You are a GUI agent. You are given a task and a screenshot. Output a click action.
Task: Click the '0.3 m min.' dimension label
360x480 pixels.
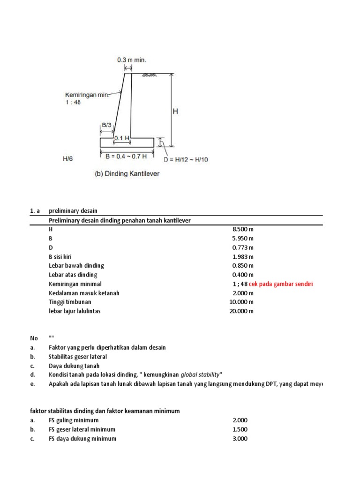132,60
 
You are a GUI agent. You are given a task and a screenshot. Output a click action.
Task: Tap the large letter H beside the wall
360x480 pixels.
175,112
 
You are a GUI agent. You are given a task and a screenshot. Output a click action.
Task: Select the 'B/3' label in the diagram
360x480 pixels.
106,125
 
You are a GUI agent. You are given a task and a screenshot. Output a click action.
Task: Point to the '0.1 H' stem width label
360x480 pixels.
121,137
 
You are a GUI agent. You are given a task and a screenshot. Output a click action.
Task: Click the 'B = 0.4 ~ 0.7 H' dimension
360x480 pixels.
127,156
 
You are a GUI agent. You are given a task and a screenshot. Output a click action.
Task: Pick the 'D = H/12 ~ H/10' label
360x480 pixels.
188,159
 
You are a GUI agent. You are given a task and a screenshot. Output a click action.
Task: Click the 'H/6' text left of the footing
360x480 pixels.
68,159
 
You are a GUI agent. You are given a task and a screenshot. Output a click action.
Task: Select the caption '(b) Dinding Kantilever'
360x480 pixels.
127,173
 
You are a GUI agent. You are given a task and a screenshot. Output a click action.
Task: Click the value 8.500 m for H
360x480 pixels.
243,229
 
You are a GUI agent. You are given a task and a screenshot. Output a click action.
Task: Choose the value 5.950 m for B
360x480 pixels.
243,238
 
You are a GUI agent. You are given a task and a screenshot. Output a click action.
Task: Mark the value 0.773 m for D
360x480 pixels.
243,247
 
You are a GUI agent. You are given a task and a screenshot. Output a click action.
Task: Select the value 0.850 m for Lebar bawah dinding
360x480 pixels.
243,266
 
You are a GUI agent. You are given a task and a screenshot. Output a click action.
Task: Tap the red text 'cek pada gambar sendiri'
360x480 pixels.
281,284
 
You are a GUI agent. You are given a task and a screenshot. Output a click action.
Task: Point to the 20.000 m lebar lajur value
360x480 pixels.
241,311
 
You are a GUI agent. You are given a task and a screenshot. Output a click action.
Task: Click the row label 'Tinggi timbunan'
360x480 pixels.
70,302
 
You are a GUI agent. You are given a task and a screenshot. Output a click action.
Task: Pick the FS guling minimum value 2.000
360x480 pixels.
240,420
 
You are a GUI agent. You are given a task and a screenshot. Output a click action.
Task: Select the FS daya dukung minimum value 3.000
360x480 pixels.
240,439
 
